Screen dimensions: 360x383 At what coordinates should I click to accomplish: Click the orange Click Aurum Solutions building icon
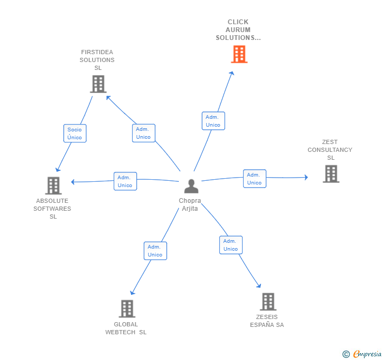239,54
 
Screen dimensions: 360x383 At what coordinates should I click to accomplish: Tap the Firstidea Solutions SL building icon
98,84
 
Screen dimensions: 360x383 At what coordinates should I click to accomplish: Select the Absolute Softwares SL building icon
53,186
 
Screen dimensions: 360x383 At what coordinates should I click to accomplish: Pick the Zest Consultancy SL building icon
331,174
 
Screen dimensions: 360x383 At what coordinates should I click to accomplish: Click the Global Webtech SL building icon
127,308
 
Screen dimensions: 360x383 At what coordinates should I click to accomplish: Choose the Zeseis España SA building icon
268,302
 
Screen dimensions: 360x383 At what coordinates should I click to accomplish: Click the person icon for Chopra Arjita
191,187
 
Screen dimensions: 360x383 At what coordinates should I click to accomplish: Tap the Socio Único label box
75,133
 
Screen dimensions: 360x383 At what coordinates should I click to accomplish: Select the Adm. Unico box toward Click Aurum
213,121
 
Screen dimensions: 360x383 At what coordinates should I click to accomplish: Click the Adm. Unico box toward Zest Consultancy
254,179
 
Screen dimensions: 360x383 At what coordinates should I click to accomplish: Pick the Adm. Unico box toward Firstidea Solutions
143,133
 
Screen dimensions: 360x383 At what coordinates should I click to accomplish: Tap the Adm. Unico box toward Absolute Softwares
125,181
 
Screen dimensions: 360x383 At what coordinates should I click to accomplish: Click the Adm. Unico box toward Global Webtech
155,251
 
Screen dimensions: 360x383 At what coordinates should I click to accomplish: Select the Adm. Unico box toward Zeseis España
230,245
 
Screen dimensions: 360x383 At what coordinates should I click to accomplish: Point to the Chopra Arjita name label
190,205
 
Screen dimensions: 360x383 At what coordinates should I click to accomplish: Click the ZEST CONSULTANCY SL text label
330,150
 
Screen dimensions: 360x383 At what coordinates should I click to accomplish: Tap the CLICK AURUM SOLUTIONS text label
238,30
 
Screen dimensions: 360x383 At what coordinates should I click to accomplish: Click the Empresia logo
361,354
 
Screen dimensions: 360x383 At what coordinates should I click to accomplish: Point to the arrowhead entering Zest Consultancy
306,177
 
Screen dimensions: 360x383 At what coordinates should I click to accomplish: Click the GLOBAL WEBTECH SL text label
126,328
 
